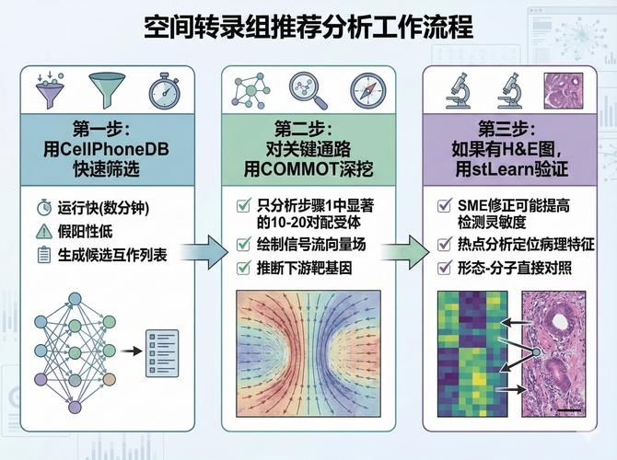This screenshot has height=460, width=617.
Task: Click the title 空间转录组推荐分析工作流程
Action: coord(308,28)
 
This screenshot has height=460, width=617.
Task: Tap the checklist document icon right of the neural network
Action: coord(164,351)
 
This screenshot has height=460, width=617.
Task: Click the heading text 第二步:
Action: coord(308,125)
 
